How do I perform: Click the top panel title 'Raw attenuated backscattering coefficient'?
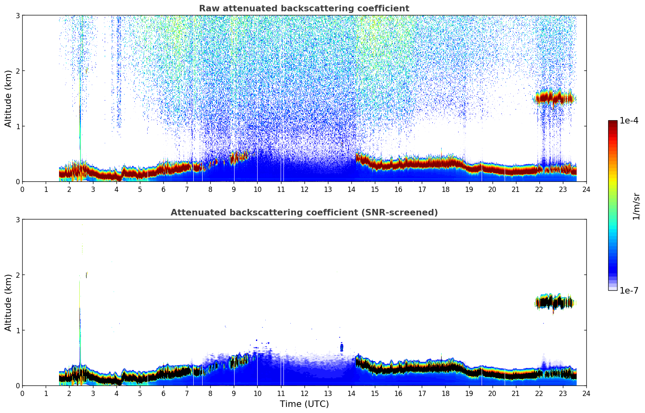tap(304, 9)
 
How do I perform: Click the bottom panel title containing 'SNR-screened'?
tap(304, 213)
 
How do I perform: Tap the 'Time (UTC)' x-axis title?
tap(304, 404)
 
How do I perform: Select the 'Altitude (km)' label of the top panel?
tap(8, 98)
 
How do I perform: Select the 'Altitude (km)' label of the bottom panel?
tap(8, 302)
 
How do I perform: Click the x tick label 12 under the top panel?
tap(304, 189)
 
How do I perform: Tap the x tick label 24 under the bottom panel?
tap(586, 393)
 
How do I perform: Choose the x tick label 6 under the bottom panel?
tap(163, 393)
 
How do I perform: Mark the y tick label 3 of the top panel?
tap(17, 15)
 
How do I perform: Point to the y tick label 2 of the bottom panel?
tap(17, 275)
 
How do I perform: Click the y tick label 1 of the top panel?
tap(17, 126)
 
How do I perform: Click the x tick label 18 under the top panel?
tap(445, 189)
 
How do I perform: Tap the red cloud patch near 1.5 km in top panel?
tap(555, 97)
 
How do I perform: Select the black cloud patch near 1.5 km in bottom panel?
tap(555, 302)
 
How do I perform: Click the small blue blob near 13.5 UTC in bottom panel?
tap(342, 347)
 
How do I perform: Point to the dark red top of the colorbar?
tap(613, 122)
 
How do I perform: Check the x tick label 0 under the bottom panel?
tap(22, 393)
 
